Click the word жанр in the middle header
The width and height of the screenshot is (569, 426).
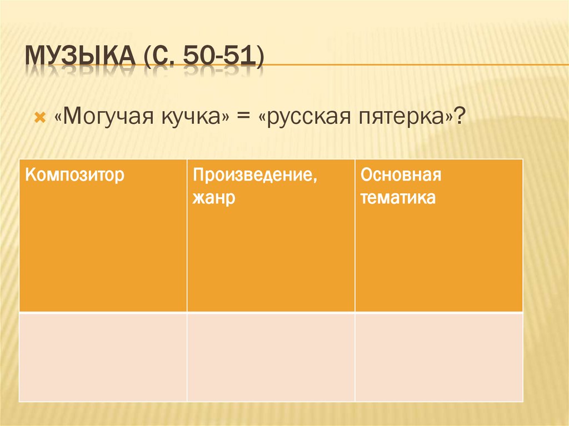[213, 198]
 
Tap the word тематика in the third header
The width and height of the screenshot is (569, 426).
[397, 198]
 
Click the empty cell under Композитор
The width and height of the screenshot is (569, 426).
[103, 356]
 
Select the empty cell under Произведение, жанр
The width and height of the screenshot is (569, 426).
[271, 356]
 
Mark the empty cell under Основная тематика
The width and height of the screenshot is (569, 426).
[439, 356]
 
